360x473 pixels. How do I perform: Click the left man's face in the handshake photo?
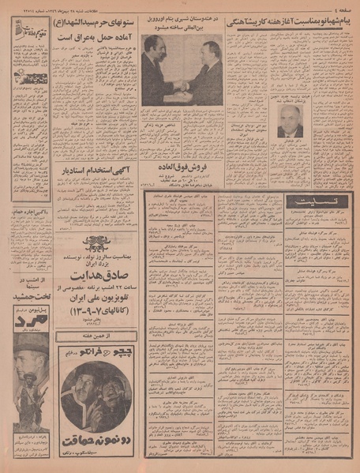[151, 45]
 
